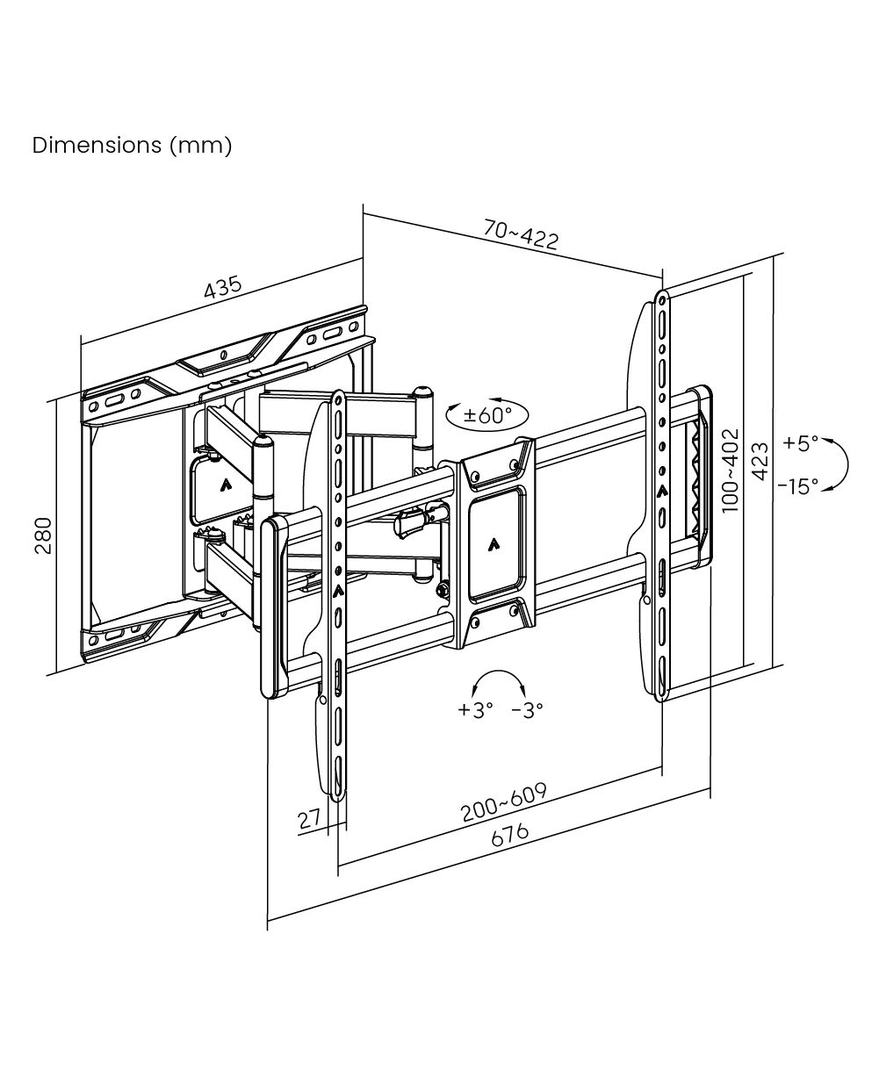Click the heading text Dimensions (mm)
point(132,146)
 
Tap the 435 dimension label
point(223,288)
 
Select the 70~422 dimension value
point(521,234)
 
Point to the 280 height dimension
point(43,535)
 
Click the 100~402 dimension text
point(731,471)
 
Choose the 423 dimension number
point(760,462)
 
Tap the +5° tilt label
point(801,442)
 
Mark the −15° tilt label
point(798,486)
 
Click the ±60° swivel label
point(487,415)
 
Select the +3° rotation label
point(475,709)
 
